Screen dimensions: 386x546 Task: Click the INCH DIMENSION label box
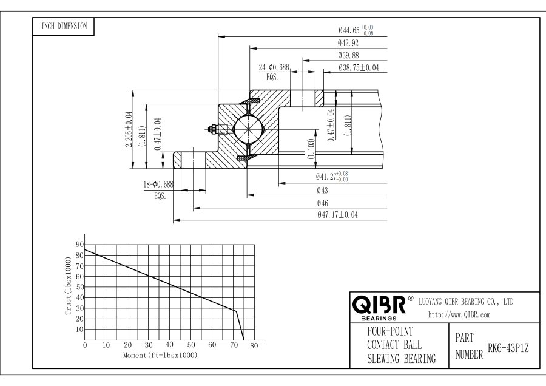pyautogui.click(x=63, y=26)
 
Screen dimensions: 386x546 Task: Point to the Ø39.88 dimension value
pyautogui.click(x=351, y=56)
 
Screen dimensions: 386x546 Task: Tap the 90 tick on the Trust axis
pyautogui.click(x=79, y=244)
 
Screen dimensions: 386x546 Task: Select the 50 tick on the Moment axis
pyautogui.click(x=190, y=345)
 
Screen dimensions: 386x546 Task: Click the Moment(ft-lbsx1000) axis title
pyautogui.click(x=160, y=354)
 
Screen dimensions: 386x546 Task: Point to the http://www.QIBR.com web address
pyautogui.click(x=459, y=314)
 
